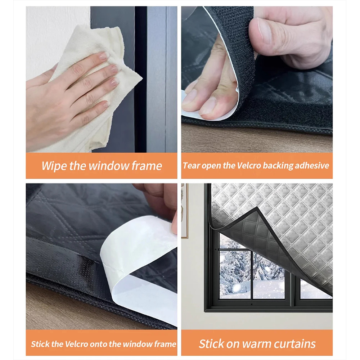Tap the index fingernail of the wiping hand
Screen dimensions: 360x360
104,55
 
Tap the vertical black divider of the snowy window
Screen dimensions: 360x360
252,275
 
